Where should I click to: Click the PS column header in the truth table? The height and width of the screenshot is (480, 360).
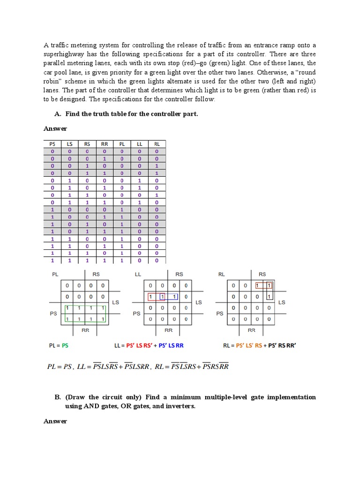(x=52, y=144)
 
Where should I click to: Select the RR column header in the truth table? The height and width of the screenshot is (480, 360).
(x=105, y=144)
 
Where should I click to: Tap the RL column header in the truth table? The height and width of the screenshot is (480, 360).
(x=157, y=144)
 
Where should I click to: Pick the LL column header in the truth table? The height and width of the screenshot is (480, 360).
(x=139, y=144)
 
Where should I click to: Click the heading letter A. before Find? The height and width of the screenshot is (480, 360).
(x=58, y=114)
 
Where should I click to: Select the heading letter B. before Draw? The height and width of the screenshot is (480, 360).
(x=58, y=397)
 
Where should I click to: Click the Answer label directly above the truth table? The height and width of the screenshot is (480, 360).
(x=55, y=128)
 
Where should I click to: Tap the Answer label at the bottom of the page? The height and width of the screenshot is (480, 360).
(x=55, y=421)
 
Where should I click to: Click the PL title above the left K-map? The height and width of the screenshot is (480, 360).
(x=55, y=274)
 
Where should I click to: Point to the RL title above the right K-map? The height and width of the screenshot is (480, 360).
(x=222, y=274)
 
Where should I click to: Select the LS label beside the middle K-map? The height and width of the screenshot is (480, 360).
(x=199, y=302)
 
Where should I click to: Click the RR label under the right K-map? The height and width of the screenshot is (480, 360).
(x=252, y=330)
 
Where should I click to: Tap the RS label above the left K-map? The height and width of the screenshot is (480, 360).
(x=96, y=274)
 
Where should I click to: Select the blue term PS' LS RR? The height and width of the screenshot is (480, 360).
(x=171, y=346)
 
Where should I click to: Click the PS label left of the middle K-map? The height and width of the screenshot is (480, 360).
(x=136, y=314)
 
